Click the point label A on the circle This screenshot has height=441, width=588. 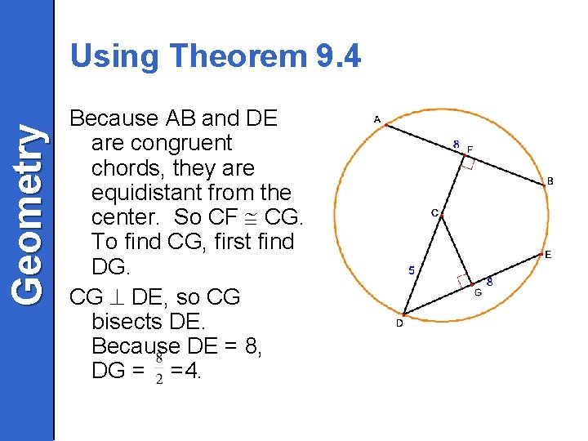coord(376,119)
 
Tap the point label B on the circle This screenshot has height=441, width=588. coord(550,180)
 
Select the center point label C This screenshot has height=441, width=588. coord(434,213)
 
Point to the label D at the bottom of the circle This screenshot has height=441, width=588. coord(399,323)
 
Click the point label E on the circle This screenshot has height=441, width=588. coord(548,255)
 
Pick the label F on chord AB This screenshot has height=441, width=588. coord(470,149)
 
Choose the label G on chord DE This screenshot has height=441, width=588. coord(478,292)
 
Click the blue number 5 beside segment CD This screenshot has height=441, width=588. coord(411,270)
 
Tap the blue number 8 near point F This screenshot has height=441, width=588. coord(457,145)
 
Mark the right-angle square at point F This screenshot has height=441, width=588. coord(467,163)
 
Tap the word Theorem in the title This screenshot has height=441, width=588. coord(236,56)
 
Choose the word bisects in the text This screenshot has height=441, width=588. coord(125,322)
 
